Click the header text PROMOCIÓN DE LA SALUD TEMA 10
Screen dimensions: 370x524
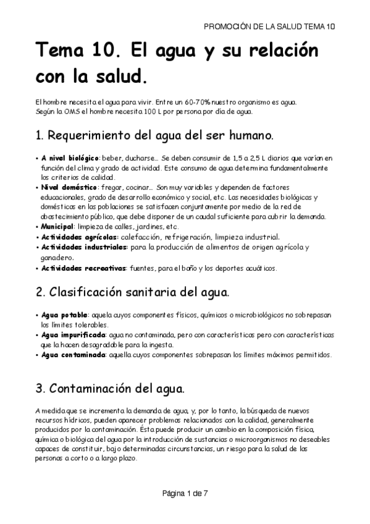coord(269,27)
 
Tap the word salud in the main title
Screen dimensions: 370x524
coord(122,77)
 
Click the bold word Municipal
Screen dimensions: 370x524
coord(57,226)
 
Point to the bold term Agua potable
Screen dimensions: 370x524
coord(64,315)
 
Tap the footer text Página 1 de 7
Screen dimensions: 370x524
coord(185,493)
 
